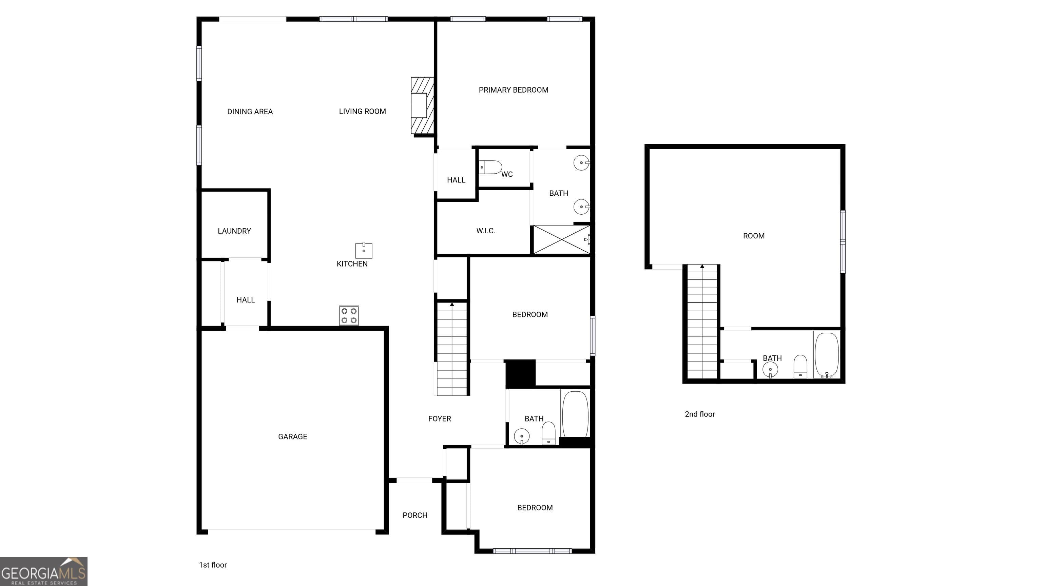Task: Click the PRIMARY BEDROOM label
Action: tap(513, 90)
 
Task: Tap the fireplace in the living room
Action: tap(422, 105)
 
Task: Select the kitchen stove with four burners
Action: tap(349, 315)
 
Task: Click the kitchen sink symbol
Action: tap(364, 250)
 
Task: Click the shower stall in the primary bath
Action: tap(561, 239)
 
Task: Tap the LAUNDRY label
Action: tap(234, 231)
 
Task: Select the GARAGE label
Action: tap(292, 436)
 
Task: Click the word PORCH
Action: tap(414, 515)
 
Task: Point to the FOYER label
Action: tap(439, 418)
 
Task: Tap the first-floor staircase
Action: tap(452, 348)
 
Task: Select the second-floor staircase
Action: tap(702, 321)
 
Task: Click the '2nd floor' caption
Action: tap(700, 414)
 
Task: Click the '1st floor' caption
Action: tap(213, 565)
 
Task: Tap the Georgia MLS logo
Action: tap(44, 571)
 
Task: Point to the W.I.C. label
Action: tap(485, 231)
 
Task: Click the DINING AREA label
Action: tap(250, 112)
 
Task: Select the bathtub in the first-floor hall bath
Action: tap(575, 413)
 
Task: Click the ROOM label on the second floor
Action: tap(754, 236)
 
